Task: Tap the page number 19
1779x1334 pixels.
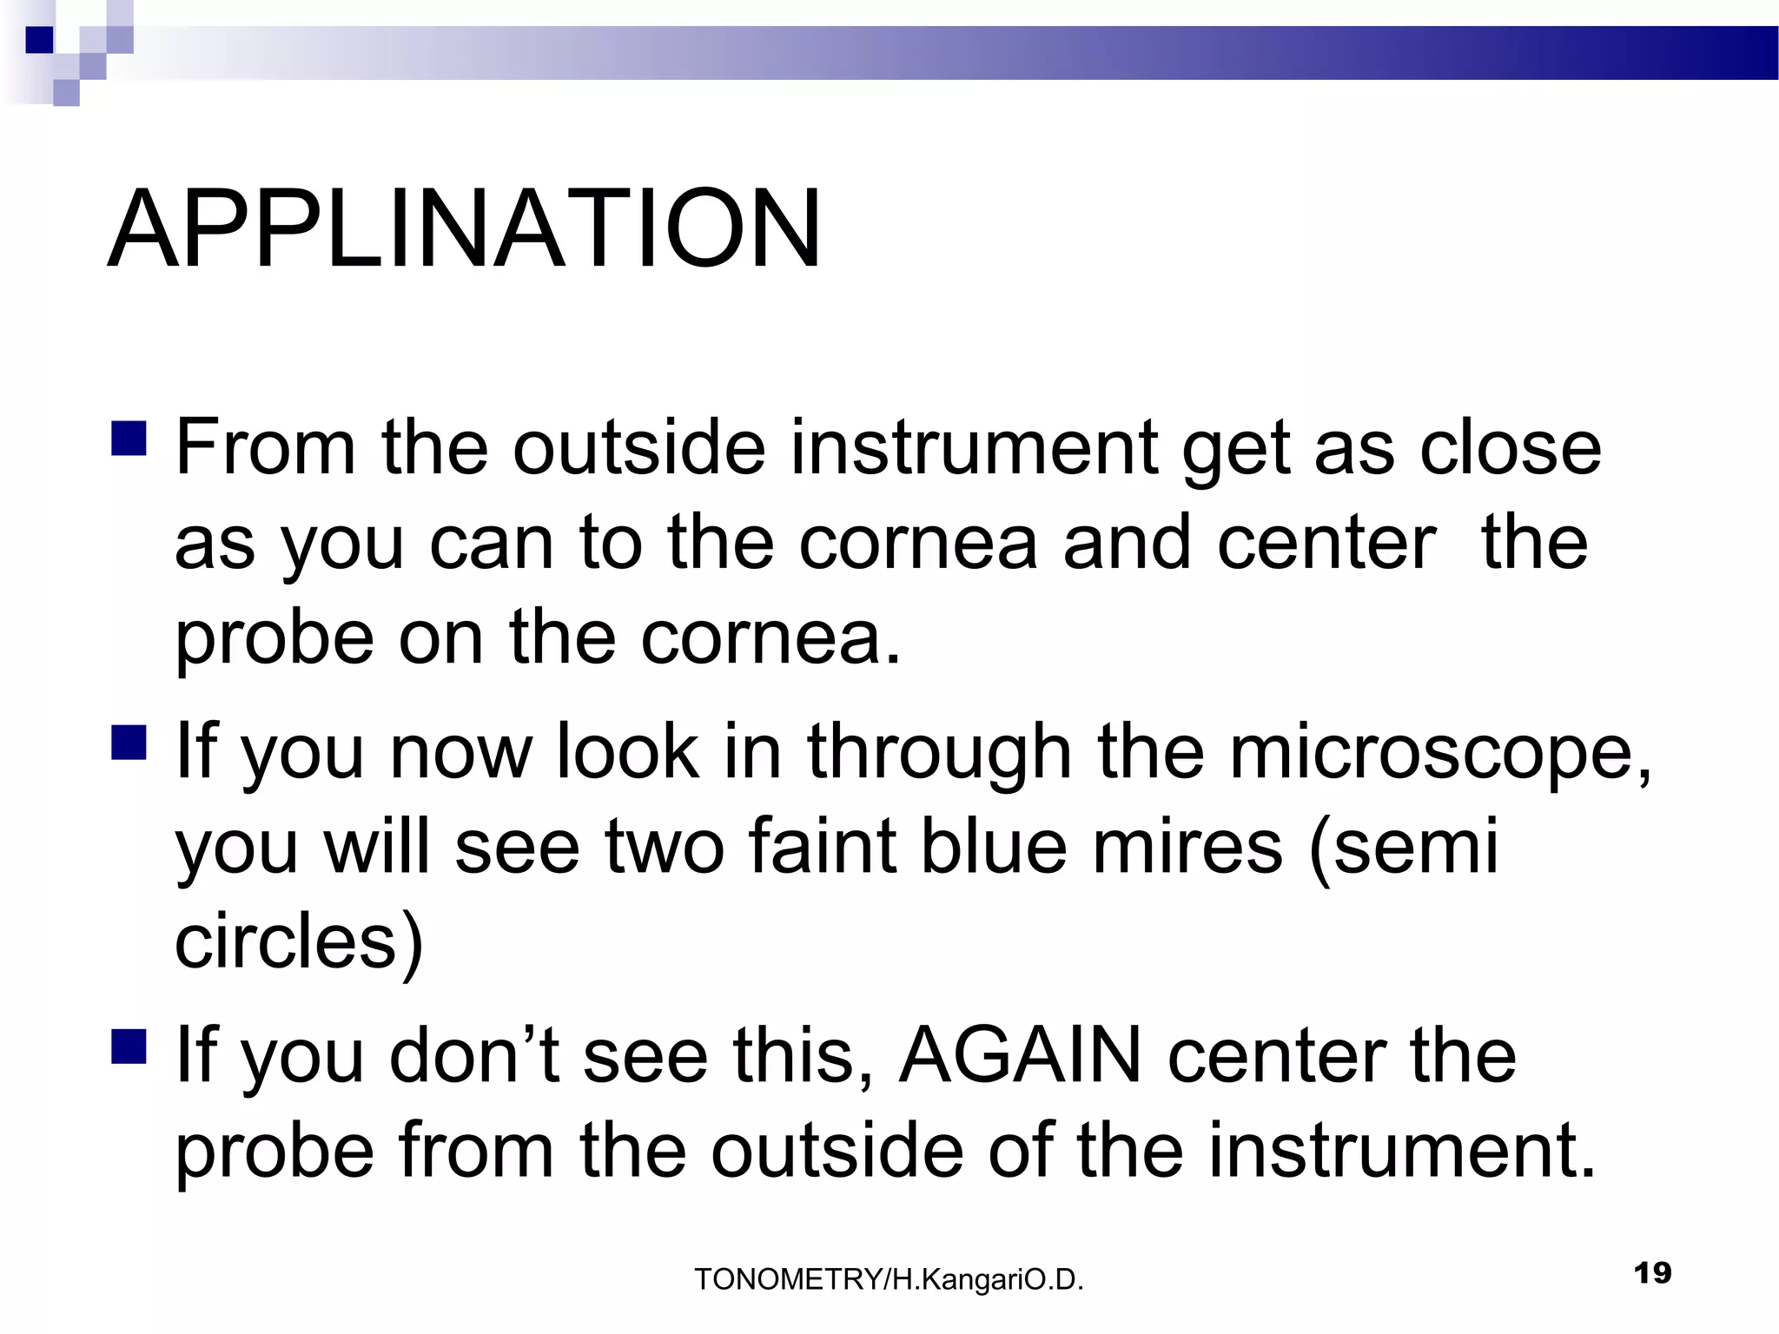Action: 1652,1273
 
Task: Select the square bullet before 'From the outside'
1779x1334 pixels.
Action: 129,438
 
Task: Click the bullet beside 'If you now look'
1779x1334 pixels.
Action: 129,743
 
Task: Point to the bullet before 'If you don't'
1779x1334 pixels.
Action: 129,1046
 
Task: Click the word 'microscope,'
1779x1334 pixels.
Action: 1439,752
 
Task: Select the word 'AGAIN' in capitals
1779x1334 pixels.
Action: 1019,1056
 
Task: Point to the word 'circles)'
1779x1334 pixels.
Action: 299,943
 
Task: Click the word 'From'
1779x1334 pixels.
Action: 266,448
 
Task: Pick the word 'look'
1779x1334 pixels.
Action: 627,752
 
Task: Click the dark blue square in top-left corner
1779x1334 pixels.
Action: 39,40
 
